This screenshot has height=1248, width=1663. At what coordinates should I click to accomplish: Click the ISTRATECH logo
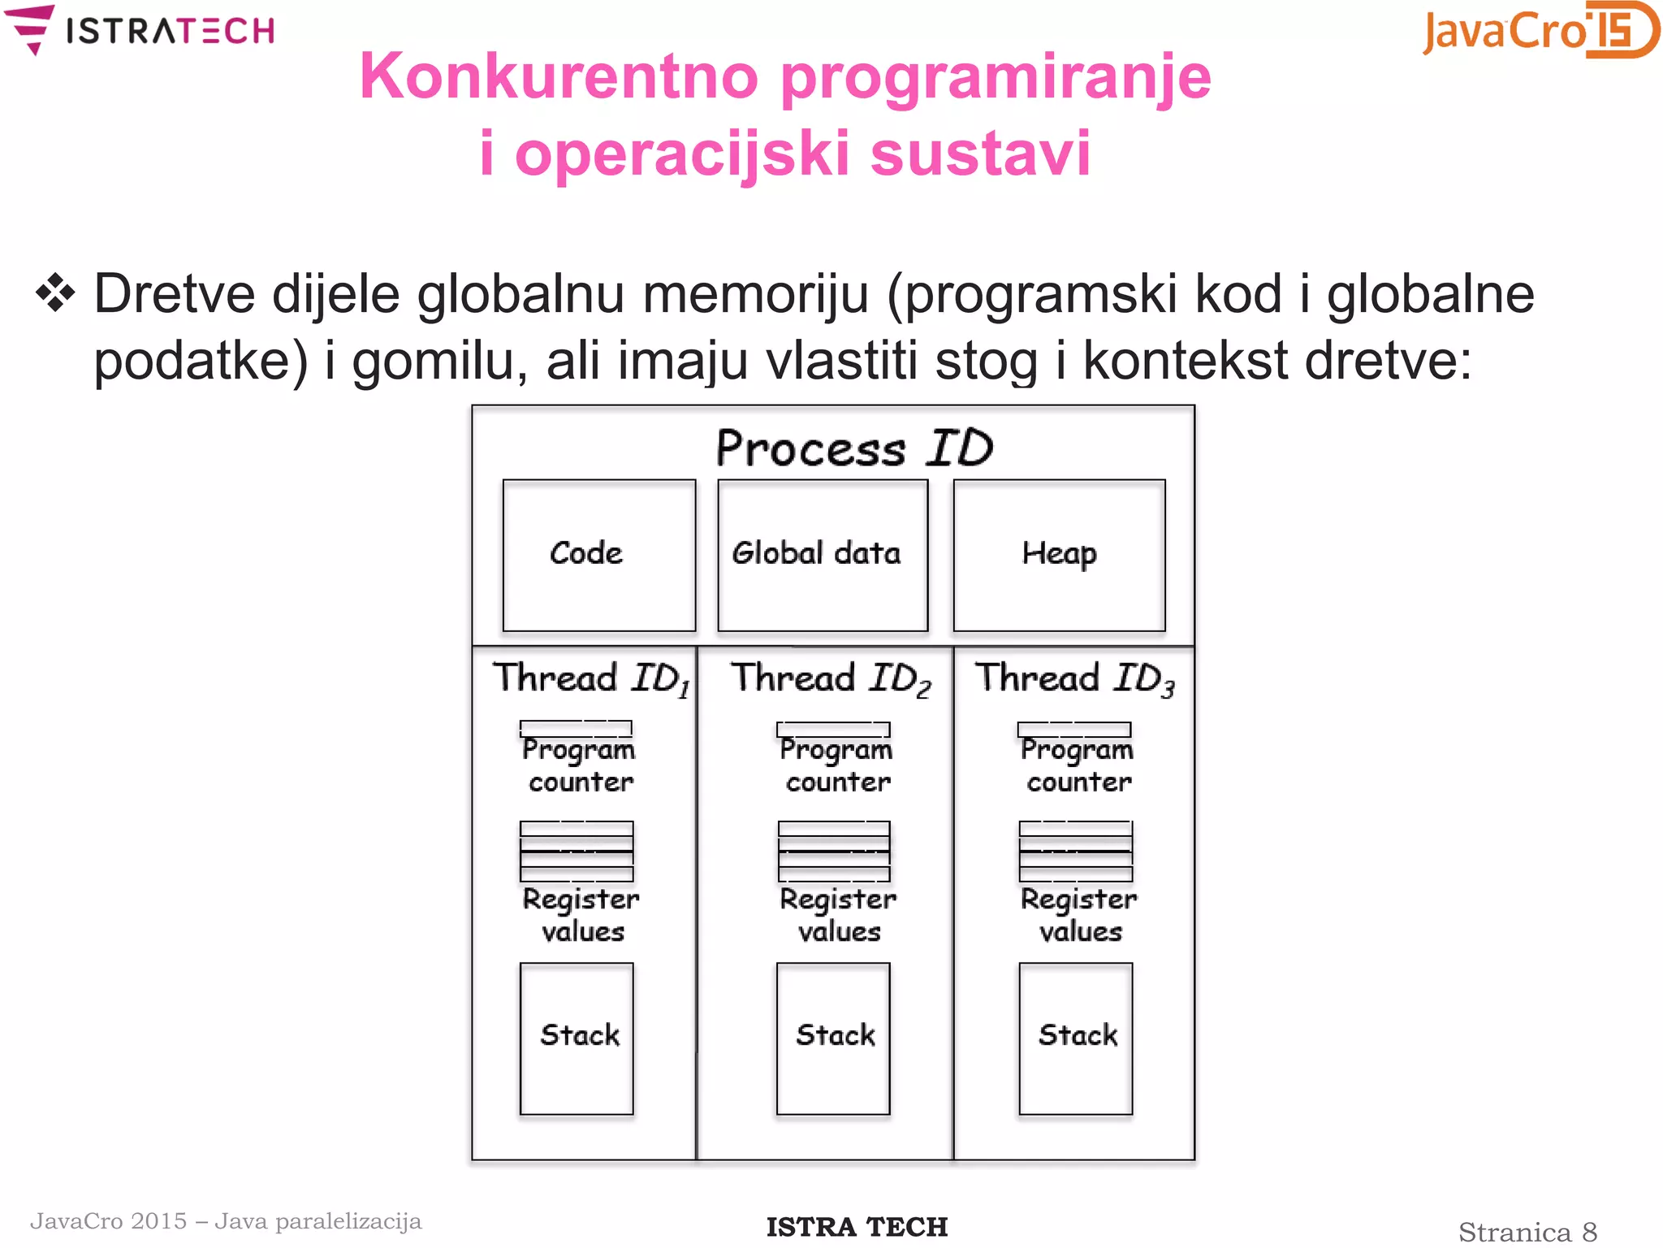pyautogui.click(x=140, y=31)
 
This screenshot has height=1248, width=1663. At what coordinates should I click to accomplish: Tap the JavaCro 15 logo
pyautogui.click(x=1540, y=31)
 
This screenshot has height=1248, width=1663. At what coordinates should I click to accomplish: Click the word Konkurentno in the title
pyautogui.click(x=559, y=76)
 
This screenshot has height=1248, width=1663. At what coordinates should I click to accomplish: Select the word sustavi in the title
pyautogui.click(x=980, y=153)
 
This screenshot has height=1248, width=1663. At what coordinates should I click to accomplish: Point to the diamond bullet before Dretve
pyautogui.click(x=55, y=293)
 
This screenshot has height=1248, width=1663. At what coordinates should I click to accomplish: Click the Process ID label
pyautogui.click(x=854, y=448)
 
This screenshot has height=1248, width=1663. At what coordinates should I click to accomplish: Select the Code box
pyautogui.click(x=599, y=555)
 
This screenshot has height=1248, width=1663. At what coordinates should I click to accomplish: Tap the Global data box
pyautogui.click(x=823, y=555)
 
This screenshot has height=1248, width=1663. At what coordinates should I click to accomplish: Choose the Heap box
pyautogui.click(x=1059, y=555)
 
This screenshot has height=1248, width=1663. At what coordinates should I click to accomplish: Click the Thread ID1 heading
pyautogui.click(x=591, y=678)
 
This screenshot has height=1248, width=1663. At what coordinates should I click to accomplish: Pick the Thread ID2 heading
pyautogui.click(x=830, y=678)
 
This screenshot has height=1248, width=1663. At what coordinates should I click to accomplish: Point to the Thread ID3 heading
pyautogui.click(x=1074, y=678)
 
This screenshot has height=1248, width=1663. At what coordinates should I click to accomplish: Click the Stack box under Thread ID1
pyautogui.click(x=577, y=1038)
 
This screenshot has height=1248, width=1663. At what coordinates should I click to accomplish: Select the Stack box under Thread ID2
pyautogui.click(x=833, y=1038)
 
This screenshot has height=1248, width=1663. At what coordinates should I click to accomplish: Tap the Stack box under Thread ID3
pyautogui.click(x=1075, y=1038)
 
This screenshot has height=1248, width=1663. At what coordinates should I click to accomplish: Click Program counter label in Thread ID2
pyautogui.click(x=836, y=765)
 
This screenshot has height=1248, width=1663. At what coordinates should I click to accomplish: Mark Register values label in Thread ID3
pyautogui.click(x=1078, y=915)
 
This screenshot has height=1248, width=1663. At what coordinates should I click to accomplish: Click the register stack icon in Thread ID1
pyautogui.click(x=577, y=851)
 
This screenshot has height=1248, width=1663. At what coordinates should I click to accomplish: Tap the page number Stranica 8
pyautogui.click(x=1527, y=1232)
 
